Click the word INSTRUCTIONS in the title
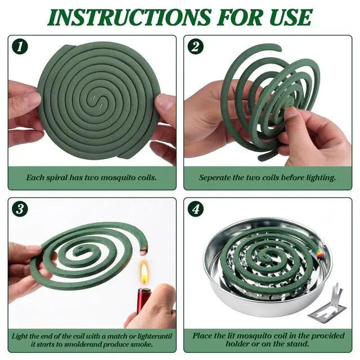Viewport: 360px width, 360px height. point(129,17)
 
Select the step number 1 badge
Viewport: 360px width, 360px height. point(20,47)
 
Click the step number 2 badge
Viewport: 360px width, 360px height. point(195,47)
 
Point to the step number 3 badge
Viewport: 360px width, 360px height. point(20,209)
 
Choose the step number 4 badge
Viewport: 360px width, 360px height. point(195,209)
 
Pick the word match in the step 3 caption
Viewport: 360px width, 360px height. point(116,336)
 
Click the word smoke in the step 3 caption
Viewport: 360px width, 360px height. point(141,344)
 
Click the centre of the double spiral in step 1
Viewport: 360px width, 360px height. point(97,102)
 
